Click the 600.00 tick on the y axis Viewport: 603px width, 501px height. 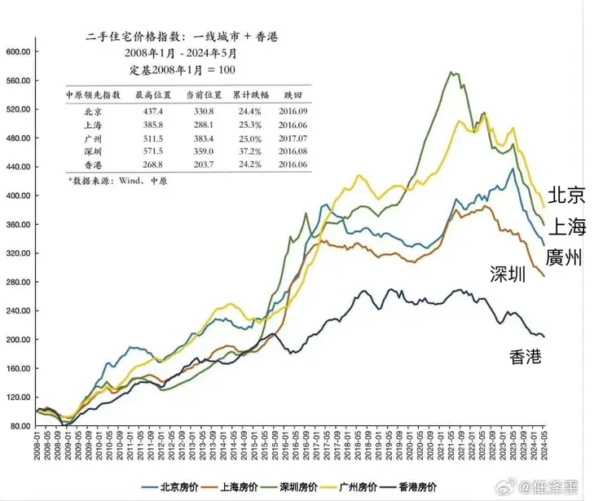click(18, 51)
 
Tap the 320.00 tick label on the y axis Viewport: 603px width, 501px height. click(18, 253)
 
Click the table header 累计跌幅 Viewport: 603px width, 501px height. click(250, 94)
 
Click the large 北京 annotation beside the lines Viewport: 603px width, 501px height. click(566, 195)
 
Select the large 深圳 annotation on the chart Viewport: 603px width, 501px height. click(508, 275)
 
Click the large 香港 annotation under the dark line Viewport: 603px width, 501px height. click(526, 356)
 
